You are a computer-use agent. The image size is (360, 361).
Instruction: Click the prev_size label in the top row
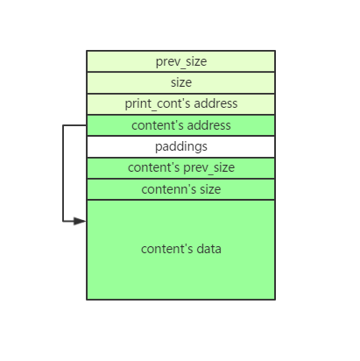coord(181,62)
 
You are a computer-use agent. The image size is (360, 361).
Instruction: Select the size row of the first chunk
coord(180,82)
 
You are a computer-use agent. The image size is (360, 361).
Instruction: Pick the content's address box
coord(180,125)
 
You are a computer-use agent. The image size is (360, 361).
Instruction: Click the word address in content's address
coord(208,125)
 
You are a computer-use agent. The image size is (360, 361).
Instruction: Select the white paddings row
coord(180,146)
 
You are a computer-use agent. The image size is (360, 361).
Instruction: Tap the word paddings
coord(181,147)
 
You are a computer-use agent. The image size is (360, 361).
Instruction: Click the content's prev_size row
coord(180,168)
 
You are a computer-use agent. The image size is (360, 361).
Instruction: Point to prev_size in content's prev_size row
coord(208,168)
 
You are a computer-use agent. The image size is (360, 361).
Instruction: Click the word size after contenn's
coord(210,189)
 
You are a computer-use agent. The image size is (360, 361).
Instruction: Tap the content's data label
coord(181,249)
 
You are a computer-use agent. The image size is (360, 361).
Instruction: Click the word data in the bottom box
coord(208,249)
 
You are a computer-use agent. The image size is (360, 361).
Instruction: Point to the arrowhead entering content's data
coord(80,221)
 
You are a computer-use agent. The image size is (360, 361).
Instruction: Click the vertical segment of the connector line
coord(63,173)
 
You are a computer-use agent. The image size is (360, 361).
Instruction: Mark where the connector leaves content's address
coord(87,125)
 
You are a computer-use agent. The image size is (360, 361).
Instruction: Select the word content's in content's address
coord(158,125)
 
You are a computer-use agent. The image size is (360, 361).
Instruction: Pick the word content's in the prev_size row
coord(154,167)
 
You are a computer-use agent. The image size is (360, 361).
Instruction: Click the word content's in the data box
coord(167,249)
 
